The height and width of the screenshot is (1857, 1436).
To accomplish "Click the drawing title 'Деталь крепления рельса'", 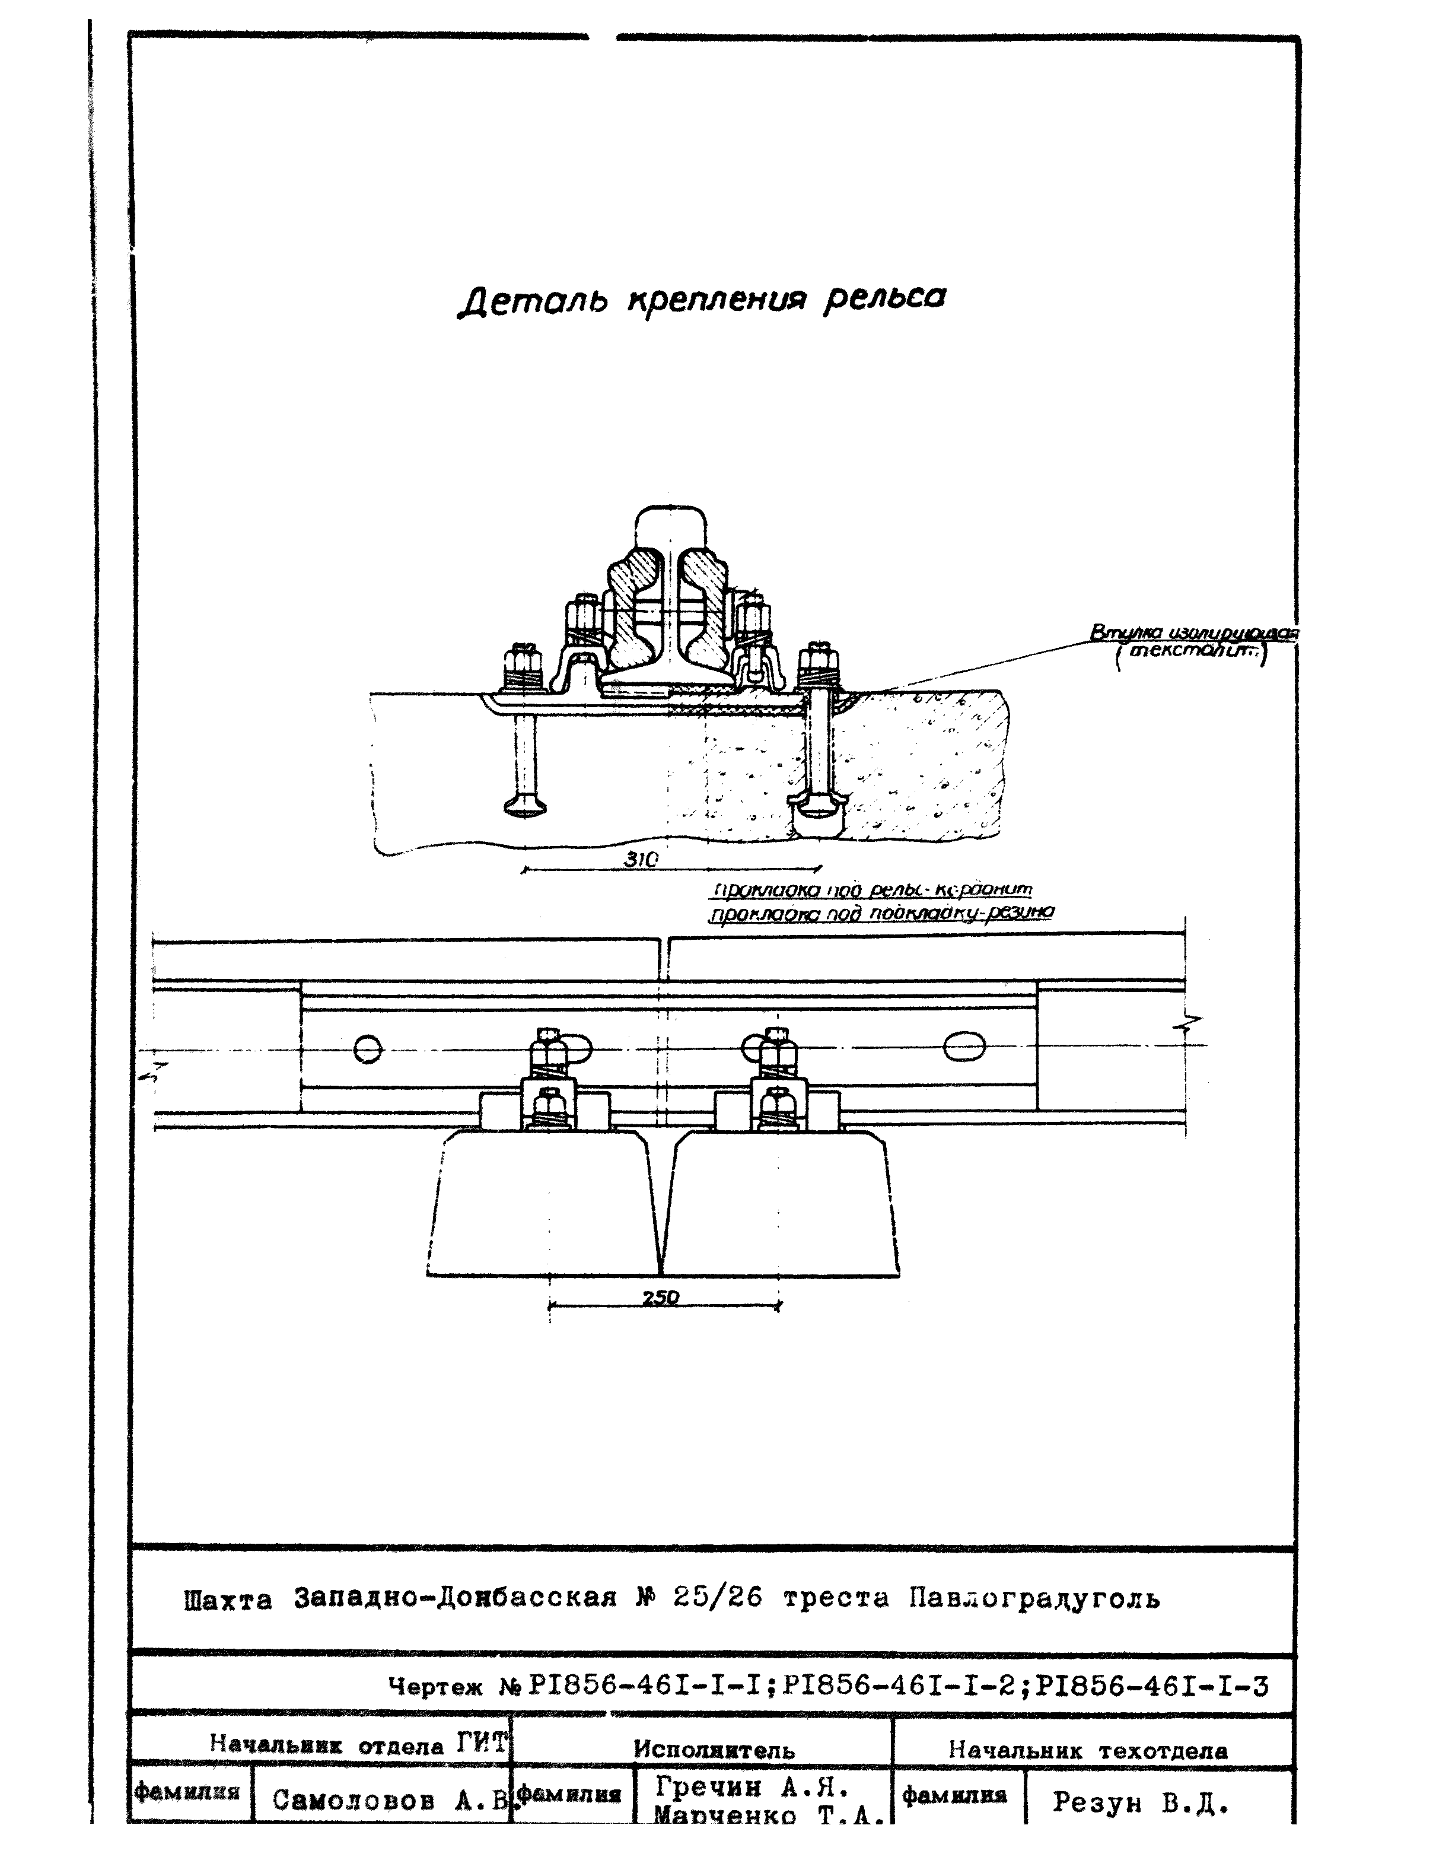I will click(702, 299).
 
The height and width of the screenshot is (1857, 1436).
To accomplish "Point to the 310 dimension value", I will click(641, 860).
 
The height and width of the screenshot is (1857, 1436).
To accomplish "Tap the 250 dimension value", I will click(661, 1297).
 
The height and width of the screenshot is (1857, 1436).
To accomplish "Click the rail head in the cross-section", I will click(671, 528).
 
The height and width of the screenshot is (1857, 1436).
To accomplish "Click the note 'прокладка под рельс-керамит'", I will click(871, 891).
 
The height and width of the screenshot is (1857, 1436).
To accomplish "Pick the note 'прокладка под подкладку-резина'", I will click(881, 913).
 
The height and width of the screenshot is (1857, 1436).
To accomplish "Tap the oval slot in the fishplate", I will click(964, 1047).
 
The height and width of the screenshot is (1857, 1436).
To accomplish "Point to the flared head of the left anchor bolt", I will click(524, 805).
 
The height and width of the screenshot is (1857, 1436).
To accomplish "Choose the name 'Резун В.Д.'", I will click(1141, 1802).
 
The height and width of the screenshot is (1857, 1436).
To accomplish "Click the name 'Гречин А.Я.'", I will click(753, 1786).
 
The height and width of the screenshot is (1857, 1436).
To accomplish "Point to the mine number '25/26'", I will click(717, 1598).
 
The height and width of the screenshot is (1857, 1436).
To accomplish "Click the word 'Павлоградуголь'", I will click(1034, 1598).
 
